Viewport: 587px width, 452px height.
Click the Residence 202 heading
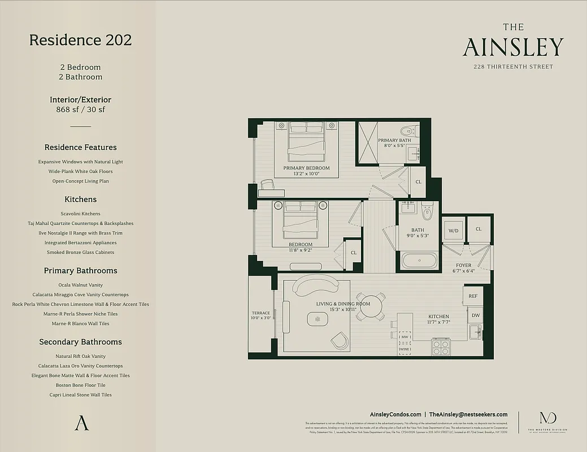click(80, 40)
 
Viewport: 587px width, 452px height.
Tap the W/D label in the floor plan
click(453, 231)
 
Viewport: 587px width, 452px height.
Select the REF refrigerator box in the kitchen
click(473, 295)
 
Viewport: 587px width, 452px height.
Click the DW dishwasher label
click(475, 316)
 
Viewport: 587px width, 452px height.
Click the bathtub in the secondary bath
click(420, 262)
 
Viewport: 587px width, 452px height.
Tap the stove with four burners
click(440, 347)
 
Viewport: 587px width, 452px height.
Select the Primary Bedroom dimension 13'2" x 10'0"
click(306, 174)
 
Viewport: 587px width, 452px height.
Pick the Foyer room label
click(464, 265)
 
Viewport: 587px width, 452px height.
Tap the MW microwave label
click(405, 337)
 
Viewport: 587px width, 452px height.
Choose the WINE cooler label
click(405, 350)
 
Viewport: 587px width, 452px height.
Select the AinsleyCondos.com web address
click(395, 414)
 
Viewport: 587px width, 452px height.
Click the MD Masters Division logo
click(547, 419)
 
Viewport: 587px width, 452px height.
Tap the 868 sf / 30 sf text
click(80, 110)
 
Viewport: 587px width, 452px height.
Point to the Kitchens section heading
click(80, 199)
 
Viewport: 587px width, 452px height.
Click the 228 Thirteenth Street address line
click(513, 67)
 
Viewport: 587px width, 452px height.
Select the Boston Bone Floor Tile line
click(80, 385)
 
